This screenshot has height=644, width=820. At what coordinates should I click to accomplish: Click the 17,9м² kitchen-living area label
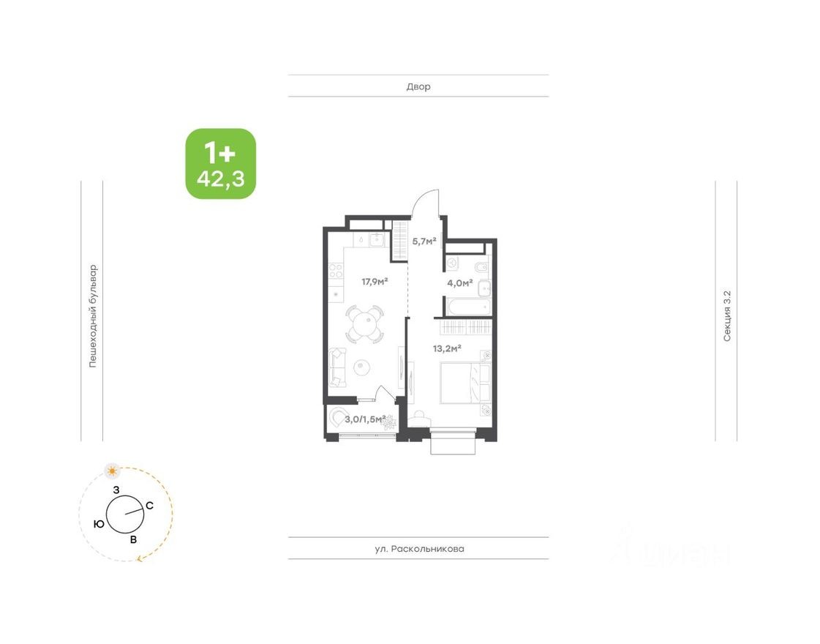pyautogui.click(x=375, y=281)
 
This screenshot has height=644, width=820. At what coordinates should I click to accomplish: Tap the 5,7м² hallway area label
pyautogui.click(x=424, y=240)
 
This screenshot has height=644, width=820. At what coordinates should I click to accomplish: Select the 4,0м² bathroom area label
pyautogui.click(x=460, y=282)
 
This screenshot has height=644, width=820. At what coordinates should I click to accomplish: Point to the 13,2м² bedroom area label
pyautogui.click(x=447, y=348)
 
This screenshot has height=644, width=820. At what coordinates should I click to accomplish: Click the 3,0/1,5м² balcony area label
pyautogui.click(x=365, y=419)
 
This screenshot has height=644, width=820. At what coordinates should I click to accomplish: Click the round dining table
pyautogui.click(x=364, y=323)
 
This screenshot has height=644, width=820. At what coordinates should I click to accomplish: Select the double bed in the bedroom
pyautogui.click(x=465, y=382)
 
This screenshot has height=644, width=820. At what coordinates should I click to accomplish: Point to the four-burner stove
pyautogui.click(x=336, y=273)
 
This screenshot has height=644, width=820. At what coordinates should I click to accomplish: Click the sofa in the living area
pyautogui.click(x=336, y=367)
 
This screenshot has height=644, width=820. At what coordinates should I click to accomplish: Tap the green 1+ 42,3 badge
pyautogui.click(x=220, y=164)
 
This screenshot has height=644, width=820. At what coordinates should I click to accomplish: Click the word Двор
pyautogui.click(x=418, y=86)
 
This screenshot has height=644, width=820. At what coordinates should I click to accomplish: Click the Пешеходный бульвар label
pyautogui.click(x=93, y=315)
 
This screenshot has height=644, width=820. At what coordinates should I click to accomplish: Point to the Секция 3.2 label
pyautogui.click(x=727, y=315)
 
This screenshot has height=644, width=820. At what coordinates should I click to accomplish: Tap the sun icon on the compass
pyautogui.click(x=112, y=469)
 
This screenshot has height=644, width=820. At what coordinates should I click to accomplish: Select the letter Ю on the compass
pyautogui.click(x=98, y=524)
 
